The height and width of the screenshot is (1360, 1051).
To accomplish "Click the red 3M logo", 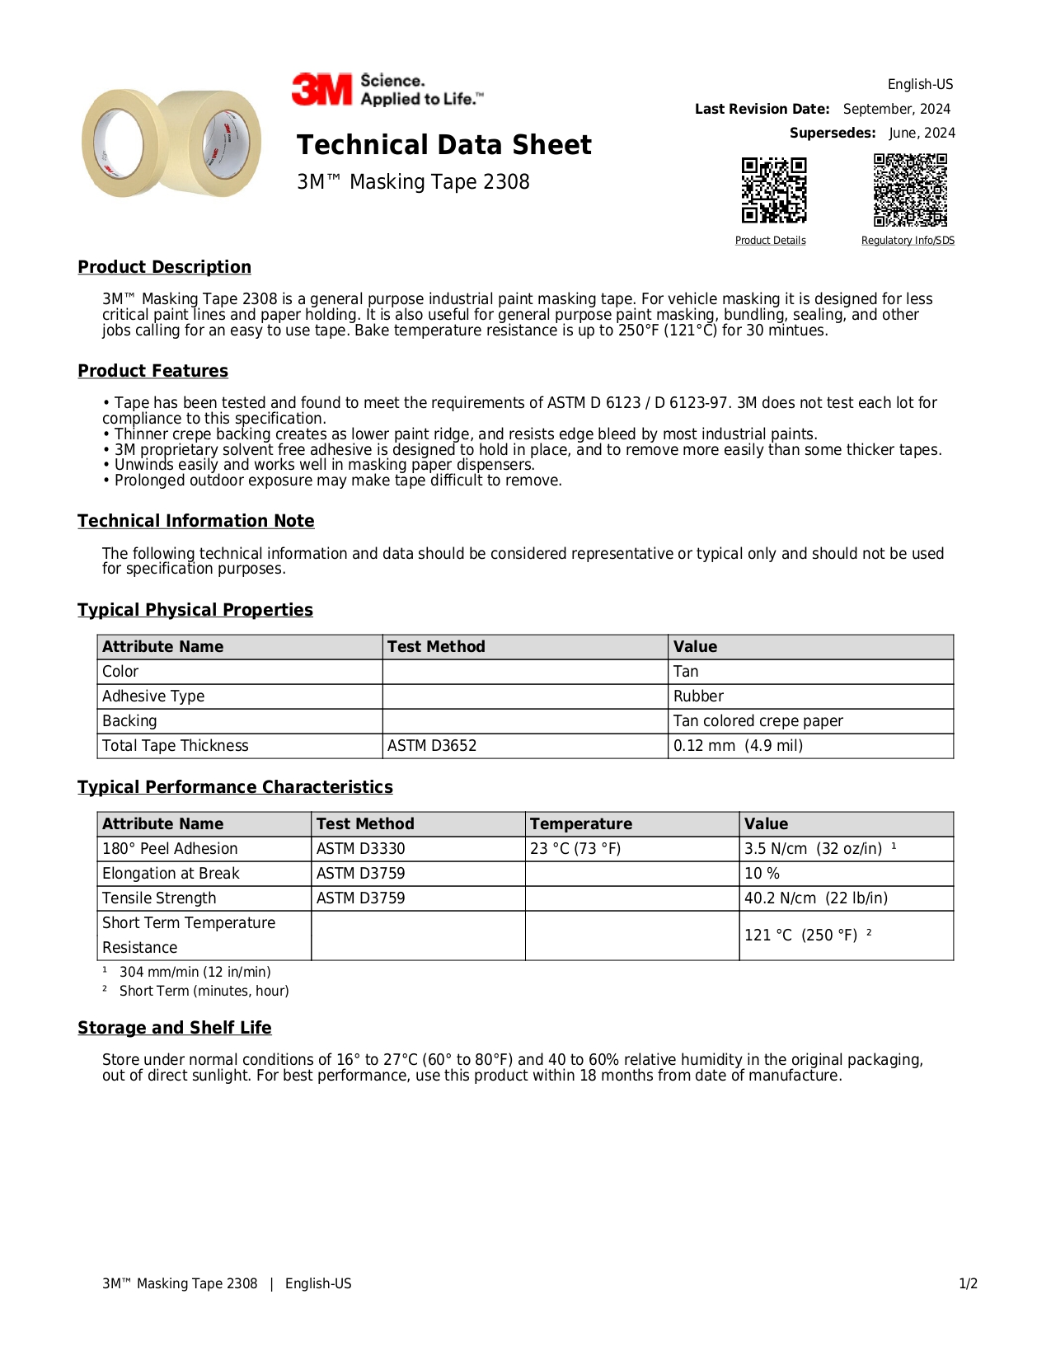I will tap(321, 89).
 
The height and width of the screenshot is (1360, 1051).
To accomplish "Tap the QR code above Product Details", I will tap(773, 190).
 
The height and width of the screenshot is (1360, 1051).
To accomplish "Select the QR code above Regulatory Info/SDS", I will tap(910, 190).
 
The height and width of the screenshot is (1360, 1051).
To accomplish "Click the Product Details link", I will tap(770, 241).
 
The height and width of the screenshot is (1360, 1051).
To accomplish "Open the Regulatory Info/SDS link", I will tap(908, 241).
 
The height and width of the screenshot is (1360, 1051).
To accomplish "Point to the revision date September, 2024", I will tap(896, 109).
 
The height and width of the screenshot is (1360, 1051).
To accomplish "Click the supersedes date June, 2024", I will tap(922, 133).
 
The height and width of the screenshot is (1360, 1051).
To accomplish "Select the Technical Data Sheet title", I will tap(443, 145).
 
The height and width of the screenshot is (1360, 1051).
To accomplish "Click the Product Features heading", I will tap(152, 371).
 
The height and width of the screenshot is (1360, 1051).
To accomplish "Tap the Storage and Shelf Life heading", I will tap(174, 1028).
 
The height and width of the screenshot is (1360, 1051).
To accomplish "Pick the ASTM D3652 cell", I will tap(432, 746).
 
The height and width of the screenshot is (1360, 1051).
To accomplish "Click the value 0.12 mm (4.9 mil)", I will tap(738, 746).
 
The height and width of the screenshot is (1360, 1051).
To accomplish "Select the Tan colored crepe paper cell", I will tap(758, 721).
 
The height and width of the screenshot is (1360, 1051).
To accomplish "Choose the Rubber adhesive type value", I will tap(698, 696).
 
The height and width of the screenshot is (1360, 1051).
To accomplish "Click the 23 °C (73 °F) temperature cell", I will tap(575, 849).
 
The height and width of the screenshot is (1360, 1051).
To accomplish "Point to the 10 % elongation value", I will tap(762, 874).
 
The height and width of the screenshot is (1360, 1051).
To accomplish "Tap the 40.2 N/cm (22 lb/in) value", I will tap(815, 898).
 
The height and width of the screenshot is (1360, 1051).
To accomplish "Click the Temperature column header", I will tap(581, 824).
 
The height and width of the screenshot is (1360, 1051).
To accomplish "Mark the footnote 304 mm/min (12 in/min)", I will tap(195, 973).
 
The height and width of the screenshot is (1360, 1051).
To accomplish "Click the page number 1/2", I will tap(968, 1283).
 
